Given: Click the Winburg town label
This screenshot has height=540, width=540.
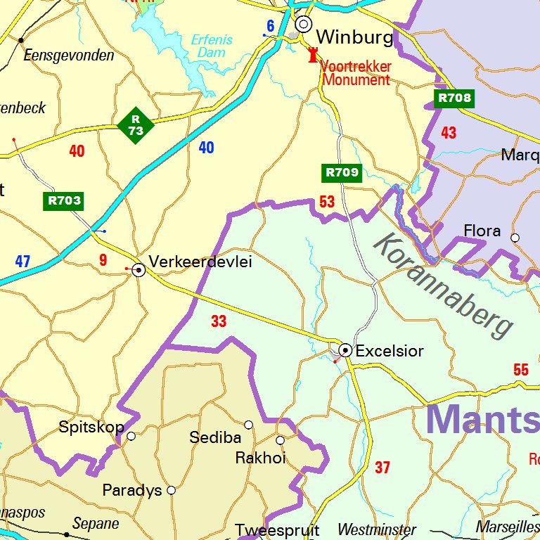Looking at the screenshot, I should coord(354,37).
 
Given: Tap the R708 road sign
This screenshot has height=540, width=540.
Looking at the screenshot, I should coord(454,98).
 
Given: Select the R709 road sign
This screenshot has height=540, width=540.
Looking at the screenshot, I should coord(342,172).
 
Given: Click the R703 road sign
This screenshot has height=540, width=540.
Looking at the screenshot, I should coord(64,200).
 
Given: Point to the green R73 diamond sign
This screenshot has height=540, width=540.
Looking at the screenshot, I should coord(136,125).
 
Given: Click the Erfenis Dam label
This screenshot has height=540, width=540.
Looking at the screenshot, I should coord(212,46).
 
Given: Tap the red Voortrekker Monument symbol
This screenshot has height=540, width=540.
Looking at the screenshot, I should coord(313,55).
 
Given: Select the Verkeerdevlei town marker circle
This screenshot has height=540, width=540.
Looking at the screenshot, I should coord(139,269).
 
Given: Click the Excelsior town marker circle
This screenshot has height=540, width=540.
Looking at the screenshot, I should coord(345,349).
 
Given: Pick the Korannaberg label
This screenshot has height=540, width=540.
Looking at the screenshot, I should coord(444,284).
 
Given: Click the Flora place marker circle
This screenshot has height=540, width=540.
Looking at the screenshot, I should coord(515,238).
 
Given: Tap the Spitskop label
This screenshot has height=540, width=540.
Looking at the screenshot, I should coord(91,427).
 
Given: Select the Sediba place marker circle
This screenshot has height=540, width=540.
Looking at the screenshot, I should coord(248,425).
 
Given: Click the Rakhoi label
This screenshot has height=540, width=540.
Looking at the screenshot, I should coord(260,458).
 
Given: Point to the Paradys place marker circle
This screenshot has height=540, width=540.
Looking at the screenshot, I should coord(171,490).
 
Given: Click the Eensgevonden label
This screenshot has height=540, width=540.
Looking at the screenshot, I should coord(69,56).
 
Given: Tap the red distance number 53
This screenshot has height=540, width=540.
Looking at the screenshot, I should coord(327,202).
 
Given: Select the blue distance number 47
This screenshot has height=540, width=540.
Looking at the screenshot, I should coord(22,262).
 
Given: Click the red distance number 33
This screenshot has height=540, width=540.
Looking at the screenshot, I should coord(219,321).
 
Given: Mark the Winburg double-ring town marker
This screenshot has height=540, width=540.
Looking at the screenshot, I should coord(303,24).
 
